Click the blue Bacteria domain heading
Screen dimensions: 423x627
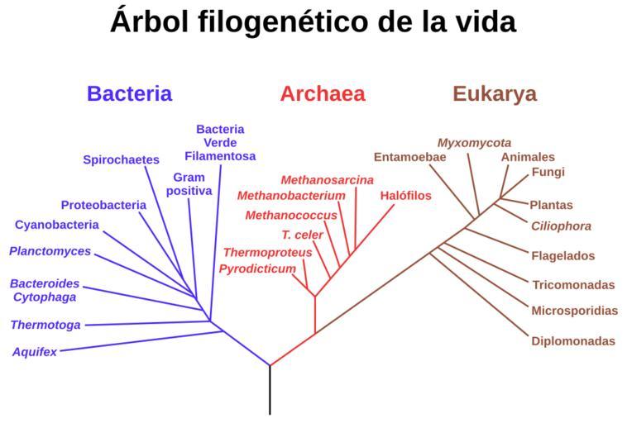[129, 94]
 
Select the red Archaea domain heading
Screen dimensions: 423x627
[322, 94]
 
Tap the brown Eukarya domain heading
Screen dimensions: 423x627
[494, 94]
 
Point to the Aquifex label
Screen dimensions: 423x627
[35, 352]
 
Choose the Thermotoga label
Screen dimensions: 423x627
[45, 325]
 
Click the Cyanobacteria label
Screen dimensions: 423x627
[56, 225]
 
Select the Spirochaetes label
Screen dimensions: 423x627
[121, 160]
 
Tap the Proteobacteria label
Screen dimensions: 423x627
[103, 205]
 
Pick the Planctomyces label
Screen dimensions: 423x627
[50, 251]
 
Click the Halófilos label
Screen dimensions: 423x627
[406, 196]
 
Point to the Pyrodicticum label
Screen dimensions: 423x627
[257, 269]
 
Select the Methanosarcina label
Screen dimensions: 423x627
[327, 180]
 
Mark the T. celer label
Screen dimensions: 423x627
[302, 235]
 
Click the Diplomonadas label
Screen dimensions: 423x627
[573, 341]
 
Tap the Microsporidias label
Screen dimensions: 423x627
[574, 311]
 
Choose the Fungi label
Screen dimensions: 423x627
[548, 173]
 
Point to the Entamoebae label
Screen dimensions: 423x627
[409, 157]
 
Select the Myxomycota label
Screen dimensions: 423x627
[474, 143]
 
